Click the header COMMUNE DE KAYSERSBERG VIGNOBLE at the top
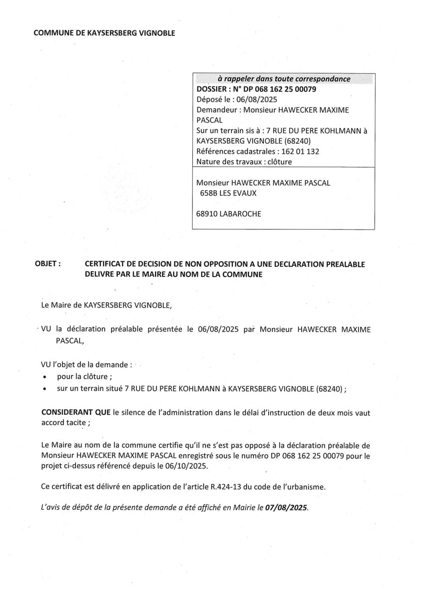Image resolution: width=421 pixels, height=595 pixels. tap(104, 33)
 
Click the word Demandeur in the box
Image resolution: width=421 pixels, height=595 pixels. tap(216, 110)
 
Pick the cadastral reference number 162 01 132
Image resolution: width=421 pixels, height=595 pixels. tap(300, 152)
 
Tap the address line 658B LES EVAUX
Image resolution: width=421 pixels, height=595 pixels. tap(228, 193)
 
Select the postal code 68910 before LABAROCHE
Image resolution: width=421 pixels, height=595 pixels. tap(207, 214)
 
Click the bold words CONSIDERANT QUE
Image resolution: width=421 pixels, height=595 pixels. tap(76, 412)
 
